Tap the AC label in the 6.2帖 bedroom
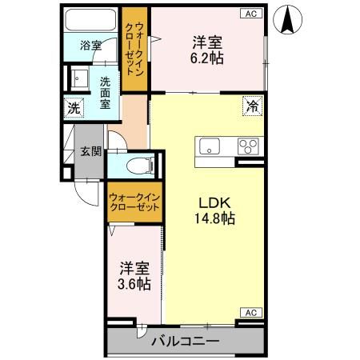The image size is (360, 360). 251,13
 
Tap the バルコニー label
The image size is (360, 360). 185,342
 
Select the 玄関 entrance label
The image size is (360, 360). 90,151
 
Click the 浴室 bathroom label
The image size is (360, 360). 90,46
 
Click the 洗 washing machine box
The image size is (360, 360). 72,106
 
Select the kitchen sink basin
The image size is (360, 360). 211,146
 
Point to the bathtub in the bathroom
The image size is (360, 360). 90,21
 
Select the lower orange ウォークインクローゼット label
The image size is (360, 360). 134,201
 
